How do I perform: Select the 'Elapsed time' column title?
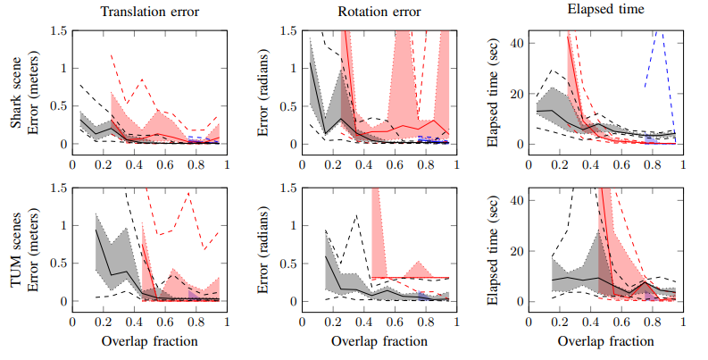pos(604,12)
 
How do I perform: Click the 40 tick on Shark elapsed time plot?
pos(516,43)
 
